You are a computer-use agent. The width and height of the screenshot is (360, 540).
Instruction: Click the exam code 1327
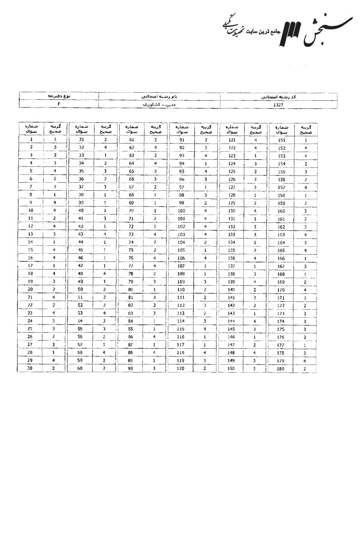pyautogui.click(x=279, y=104)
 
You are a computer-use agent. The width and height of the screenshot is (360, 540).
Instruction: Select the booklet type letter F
pyautogui.click(x=59, y=104)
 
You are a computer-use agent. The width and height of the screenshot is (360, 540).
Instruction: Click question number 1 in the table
pyautogui.click(x=31, y=140)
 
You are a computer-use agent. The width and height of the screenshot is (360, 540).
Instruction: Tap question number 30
pyautogui.click(x=31, y=369)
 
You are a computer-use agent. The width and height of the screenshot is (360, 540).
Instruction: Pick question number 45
pyautogui.click(x=81, y=250)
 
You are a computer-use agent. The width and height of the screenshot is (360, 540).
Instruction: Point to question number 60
pyautogui.click(x=81, y=369)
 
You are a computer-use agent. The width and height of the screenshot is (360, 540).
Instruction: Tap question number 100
pyautogui.click(x=182, y=211)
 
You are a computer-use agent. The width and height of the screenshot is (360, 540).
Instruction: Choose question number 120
pyautogui.click(x=182, y=369)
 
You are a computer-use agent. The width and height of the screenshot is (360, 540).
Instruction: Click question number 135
pyautogui.click(x=232, y=250)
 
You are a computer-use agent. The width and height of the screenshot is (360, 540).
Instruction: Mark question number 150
pyautogui.click(x=232, y=369)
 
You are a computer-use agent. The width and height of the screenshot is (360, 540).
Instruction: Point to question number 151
pyautogui.click(x=282, y=140)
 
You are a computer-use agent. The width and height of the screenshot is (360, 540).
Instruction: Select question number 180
pyautogui.click(x=282, y=369)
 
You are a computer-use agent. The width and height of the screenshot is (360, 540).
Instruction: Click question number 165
pyautogui.click(x=282, y=251)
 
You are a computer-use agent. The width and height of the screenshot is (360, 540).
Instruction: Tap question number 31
pyautogui.click(x=81, y=140)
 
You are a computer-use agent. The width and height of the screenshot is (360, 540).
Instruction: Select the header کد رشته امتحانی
pyautogui.click(x=279, y=96)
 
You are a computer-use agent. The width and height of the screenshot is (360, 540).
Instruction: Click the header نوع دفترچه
pyautogui.click(x=59, y=96)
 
